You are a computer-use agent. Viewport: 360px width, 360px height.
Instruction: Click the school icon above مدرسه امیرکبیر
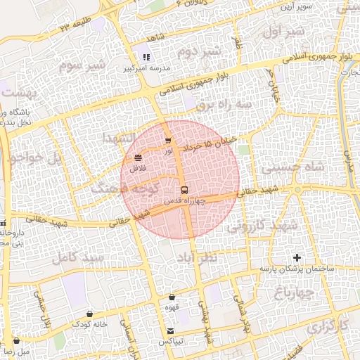click(x=146, y=57)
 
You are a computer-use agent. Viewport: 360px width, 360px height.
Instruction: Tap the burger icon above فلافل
click(x=137, y=158)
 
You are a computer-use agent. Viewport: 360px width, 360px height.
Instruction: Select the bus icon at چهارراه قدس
click(x=184, y=190)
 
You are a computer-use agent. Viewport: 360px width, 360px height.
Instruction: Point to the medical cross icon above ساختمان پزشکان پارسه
click(x=297, y=258)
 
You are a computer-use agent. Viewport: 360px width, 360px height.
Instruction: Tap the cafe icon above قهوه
click(x=172, y=297)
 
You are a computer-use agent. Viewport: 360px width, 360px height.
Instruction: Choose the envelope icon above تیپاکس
click(x=171, y=331)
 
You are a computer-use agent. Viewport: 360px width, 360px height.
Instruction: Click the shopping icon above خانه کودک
click(x=89, y=314)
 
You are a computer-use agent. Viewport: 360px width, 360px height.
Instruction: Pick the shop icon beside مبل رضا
click(x=15, y=341)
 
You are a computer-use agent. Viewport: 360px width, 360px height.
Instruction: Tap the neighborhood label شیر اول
click(x=285, y=32)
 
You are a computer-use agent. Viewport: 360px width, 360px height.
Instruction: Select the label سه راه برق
click(x=224, y=104)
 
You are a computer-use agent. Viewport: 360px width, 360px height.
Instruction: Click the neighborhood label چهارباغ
click(x=295, y=290)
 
